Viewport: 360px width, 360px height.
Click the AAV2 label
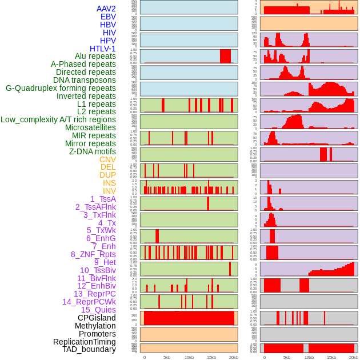[x=106, y=9]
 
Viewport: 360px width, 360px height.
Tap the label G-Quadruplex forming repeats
[x=61, y=88]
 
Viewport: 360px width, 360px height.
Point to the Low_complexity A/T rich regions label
[x=58, y=119]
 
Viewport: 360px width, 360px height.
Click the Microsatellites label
[x=90, y=127]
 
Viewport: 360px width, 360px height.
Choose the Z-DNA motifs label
[x=92, y=151]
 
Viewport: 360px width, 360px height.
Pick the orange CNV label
[x=107, y=159]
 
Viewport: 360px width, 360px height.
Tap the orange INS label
[x=109, y=183]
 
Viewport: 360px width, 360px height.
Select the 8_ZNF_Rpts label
[x=93, y=254]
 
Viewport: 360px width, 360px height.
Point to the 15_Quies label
[x=98, y=310]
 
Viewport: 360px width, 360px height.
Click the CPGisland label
[x=97, y=318]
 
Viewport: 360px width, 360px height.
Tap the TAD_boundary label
[x=89, y=349]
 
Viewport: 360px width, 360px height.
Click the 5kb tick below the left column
[x=167, y=357]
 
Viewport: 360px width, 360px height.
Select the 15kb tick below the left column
[x=211, y=357]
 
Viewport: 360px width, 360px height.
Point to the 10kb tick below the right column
[x=309, y=357]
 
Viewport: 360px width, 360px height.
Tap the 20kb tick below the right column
[x=354, y=357]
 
